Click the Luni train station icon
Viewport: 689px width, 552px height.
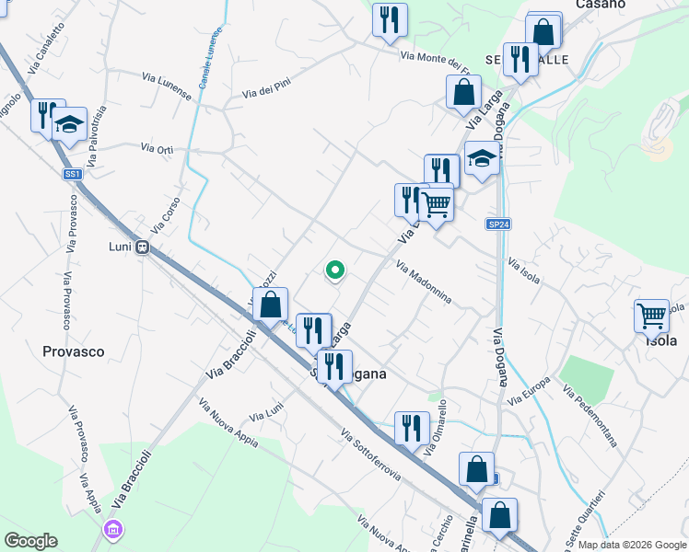pyautogui.click(x=143, y=247)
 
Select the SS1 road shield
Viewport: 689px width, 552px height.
pyautogui.click(x=74, y=174)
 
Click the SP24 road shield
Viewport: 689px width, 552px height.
pyautogui.click(x=498, y=224)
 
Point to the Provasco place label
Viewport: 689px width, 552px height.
pyautogui.click(x=74, y=351)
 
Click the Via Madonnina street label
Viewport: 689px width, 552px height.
pyautogui.click(x=424, y=282)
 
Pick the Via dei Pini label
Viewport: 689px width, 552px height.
pyautogui.click(x=268, y=87)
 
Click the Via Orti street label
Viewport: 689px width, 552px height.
pyautogui.click(x=157, y=148)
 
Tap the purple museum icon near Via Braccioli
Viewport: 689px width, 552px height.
pyautogui.click(x=113, y=530)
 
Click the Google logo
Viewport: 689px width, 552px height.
pyautogui.click(x=29, y=541)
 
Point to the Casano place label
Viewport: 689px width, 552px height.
pyautogui.click(x=601, y=5)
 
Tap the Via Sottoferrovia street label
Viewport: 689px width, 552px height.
pyautogui.click(x=371, y=455)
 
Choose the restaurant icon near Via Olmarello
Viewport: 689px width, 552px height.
pyautogui.click(x=411, y=427)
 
